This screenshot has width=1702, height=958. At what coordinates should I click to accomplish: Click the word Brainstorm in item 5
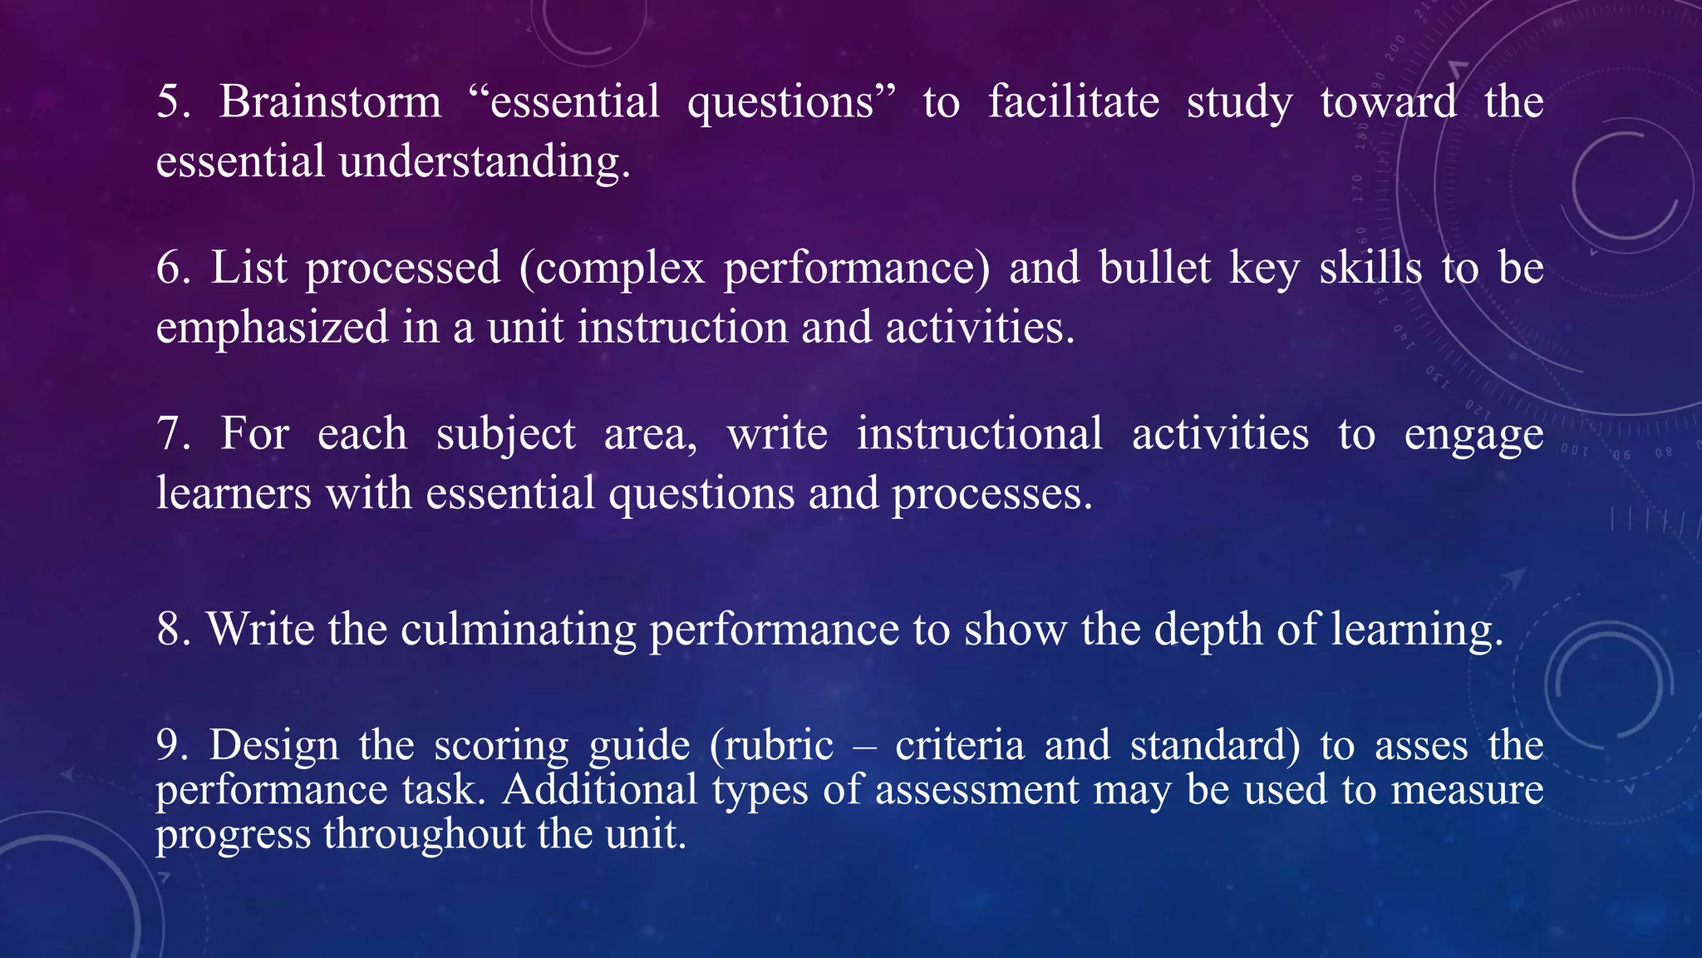(330, 101)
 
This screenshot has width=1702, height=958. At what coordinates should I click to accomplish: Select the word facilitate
(1074, 101)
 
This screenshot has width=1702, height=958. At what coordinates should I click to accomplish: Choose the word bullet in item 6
(1155, 268)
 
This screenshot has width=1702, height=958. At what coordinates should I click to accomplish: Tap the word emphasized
(272, 328)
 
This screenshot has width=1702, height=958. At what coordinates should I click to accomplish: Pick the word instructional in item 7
(980, 434)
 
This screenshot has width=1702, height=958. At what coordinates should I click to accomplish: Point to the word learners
(234, 494)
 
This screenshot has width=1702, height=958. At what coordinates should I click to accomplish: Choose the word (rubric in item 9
(771, 745)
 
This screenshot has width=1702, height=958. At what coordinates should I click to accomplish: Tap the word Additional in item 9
(599, 789)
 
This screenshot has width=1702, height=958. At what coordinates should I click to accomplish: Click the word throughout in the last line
(424, 833)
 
